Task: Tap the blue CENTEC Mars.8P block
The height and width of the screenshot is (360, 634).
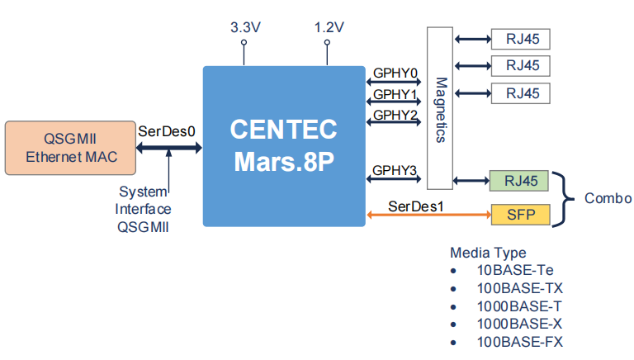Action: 283,145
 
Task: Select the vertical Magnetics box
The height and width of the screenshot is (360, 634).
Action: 440,109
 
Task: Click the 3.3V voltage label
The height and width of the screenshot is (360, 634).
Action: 245,27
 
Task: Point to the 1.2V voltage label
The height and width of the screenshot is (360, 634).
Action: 329,27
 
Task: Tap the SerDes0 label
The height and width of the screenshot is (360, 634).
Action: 167,131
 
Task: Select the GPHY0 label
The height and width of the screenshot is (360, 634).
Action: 395,72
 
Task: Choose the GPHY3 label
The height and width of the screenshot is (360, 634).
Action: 395,171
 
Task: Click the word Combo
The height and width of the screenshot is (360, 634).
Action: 608,198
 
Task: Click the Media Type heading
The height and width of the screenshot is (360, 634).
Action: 487,253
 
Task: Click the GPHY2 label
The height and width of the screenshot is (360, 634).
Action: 395,115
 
